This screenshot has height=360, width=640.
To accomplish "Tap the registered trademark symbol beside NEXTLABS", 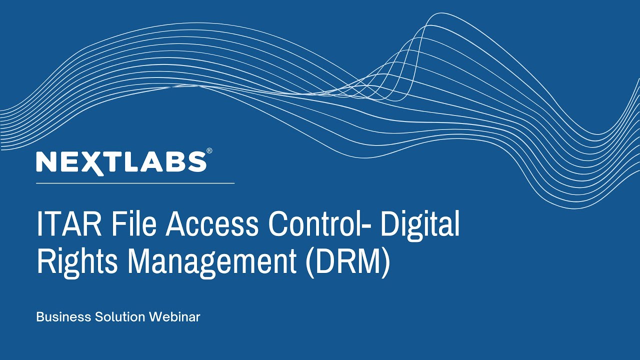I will pyautogui.click(x=209, y=150).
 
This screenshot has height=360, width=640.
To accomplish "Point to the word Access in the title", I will pyautogui.click(x=211, y=224).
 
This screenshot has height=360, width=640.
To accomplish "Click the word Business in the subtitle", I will pyautogui.click(x=63, y=317).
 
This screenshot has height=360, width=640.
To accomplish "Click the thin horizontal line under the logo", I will pyautogui.click(x=135, y=183).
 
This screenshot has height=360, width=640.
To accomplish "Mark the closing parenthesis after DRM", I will pyautogui.click(x=385, y=262).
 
